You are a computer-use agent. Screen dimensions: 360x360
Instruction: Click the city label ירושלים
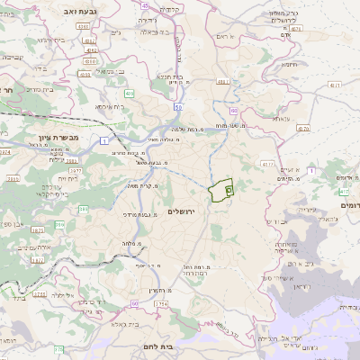(x=182, y=211)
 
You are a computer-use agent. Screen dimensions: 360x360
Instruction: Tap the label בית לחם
(x=181, y=346)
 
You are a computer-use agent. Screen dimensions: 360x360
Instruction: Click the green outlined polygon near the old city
(x=220, y=193)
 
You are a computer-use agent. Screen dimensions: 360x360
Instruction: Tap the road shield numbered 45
(x=145, y=5)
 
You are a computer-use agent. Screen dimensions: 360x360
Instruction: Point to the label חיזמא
(x=290, y=65)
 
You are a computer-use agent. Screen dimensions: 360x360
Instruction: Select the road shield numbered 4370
(x=302, y=129)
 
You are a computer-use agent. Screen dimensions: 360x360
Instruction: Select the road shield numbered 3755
(x=38, y=293)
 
